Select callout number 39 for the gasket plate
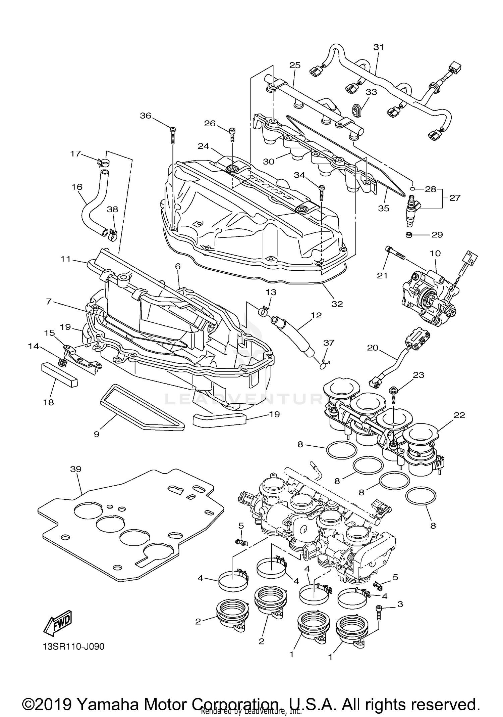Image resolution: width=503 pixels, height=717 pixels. coord(76,469)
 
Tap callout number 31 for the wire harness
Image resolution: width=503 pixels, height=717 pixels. coord(379,47)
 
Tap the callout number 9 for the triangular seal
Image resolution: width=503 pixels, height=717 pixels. coord(97,434)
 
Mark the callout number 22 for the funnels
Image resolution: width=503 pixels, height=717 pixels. coord(459,415)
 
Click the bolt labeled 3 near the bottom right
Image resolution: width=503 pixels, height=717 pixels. coord(379,613)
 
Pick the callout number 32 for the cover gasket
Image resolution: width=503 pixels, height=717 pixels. coord(337,304)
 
